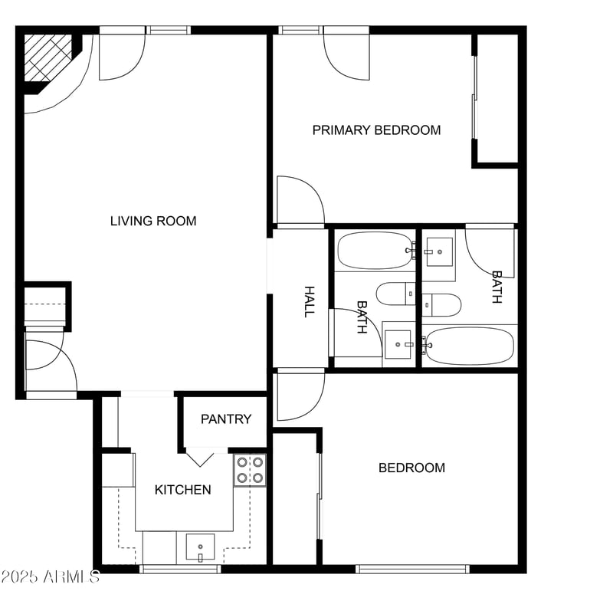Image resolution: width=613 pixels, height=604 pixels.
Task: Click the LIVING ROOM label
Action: tap(153, 222)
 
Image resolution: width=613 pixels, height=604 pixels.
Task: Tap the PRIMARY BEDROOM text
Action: tap(376, 130)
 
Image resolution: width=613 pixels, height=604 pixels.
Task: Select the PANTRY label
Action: tap(226, 419)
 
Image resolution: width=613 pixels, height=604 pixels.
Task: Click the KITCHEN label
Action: tap(182, 490)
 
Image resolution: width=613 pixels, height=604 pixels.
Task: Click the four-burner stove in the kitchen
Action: tap(250, 470)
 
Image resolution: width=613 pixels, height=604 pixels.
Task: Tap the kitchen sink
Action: tap(201, 547)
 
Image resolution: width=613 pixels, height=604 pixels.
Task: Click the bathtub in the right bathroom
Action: tap(469, 346)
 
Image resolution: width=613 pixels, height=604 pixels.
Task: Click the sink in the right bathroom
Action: tap(439, 251)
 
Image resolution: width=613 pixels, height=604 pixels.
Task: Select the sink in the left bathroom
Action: tap(398, 343)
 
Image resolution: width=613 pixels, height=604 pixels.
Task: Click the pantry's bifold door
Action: tap(202, 458)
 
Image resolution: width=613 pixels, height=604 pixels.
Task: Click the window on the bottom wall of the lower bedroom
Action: tap(412, 569)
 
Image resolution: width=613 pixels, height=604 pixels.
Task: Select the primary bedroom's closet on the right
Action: tap(497, 98)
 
